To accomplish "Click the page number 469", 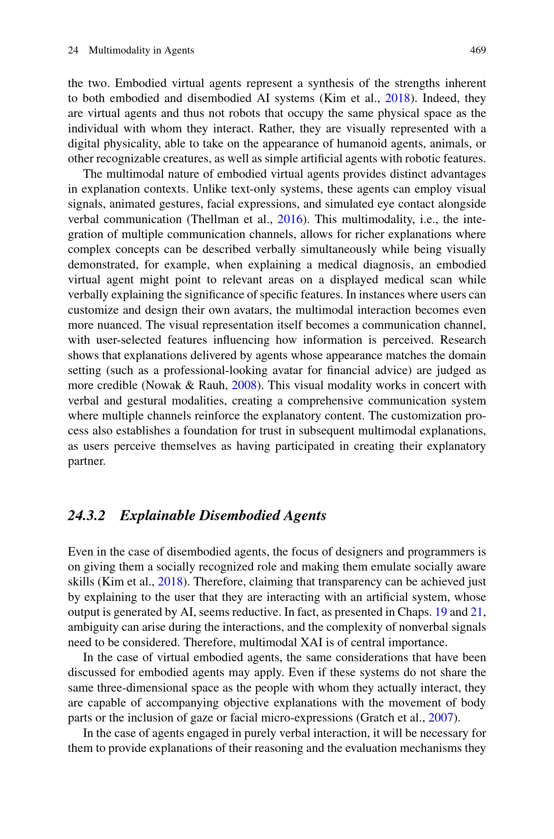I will (478, 50).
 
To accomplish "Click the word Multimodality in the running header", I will (119, 50).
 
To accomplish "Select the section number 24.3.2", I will (86, 516).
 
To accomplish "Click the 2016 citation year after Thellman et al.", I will (290, 220).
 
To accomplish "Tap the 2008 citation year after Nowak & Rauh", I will (244, 385).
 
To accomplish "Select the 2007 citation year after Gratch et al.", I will (441, 718).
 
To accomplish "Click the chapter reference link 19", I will (441, 612).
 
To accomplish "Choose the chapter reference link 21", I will (476, 612).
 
